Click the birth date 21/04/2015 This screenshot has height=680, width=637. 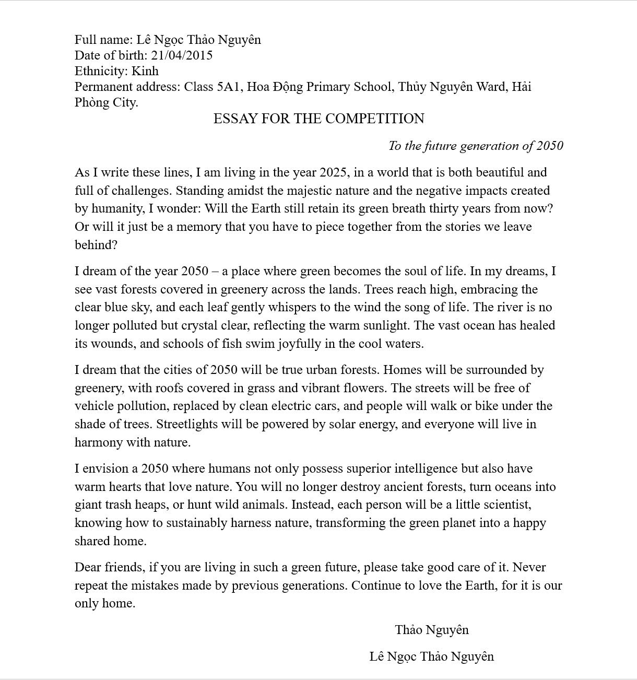[182, 55]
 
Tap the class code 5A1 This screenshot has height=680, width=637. [230, 87]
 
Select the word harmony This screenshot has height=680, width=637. [96, 442]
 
